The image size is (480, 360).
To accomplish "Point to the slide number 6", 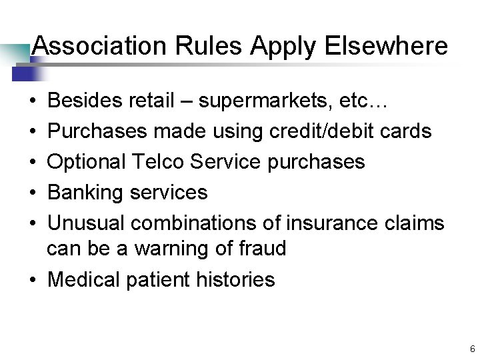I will click(472, 349).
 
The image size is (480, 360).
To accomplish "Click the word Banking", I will click(87, 193).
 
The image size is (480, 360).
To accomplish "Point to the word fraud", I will click(262, 249).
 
